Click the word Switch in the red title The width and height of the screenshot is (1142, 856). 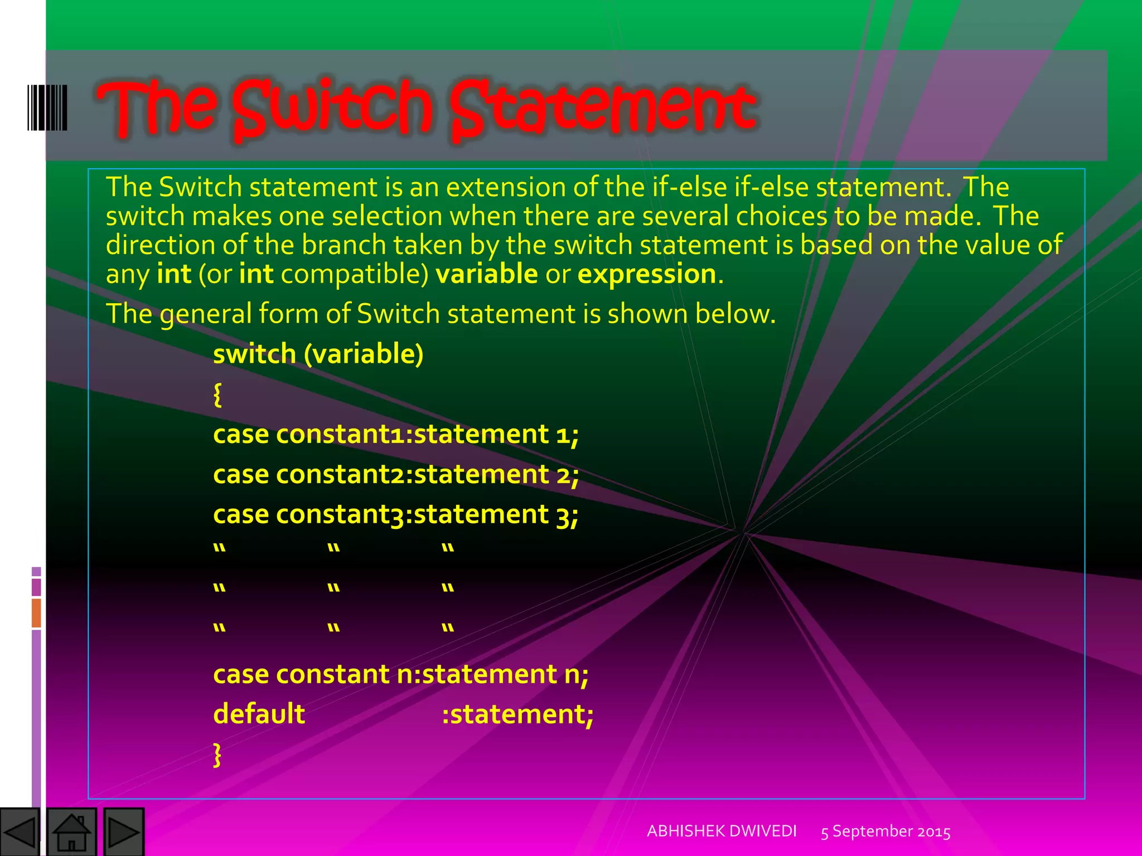click(332, 109)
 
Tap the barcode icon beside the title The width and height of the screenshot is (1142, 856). click(47, 108)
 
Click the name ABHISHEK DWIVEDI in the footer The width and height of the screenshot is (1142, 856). click(722, 831)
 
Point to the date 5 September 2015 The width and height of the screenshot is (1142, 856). click(885, 831)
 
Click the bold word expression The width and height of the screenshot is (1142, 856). click(647, 274)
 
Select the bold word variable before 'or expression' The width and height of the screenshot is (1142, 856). click(486, 274)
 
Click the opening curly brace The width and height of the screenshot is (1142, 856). click(217, 395)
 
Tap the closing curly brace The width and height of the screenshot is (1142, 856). click(217, 755)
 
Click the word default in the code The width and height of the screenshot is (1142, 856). click(259, 714)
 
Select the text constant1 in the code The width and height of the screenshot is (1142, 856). click(340, 434)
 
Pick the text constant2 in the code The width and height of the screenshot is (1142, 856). click(340, 474)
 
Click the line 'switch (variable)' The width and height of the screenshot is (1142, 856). click(318, 354)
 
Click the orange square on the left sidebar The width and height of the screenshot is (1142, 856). click(36, 612)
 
